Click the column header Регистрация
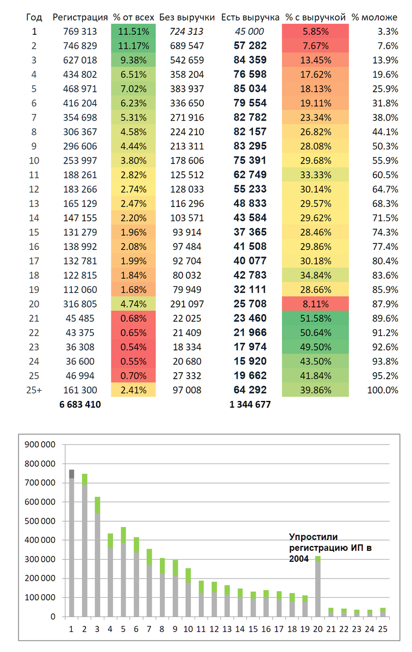click(x=80, y=17)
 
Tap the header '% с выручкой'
click(x=315, y=17)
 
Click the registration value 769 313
click(x=80, y=32)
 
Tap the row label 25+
click(x=34, y=390)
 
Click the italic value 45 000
click(x=250, y=32)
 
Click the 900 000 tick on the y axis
click(x=41, y=444)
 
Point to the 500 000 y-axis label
click(x=41, y=521)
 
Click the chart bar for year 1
click(x=71, y=543)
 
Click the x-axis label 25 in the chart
click(x=383, y=629)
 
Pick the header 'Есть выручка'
click(x=250, y=17)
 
